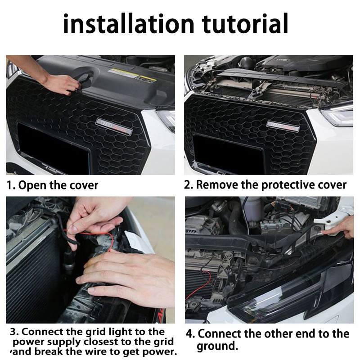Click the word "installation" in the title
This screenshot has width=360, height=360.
(129, 24)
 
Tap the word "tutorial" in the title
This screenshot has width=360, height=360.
(245, 23)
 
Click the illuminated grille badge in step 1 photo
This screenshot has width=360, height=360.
(114, 126)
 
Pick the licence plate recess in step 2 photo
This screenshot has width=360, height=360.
(228, 154)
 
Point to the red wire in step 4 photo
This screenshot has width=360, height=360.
(199, 286)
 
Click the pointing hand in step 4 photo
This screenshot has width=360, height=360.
(339, 228)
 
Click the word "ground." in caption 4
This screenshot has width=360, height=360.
(217, 346)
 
